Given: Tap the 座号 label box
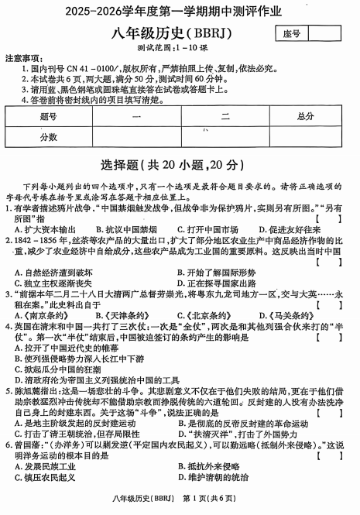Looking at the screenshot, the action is coord(291,33).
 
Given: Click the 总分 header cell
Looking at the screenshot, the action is coord(305,116).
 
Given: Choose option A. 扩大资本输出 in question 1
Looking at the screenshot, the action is coord(46,230).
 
